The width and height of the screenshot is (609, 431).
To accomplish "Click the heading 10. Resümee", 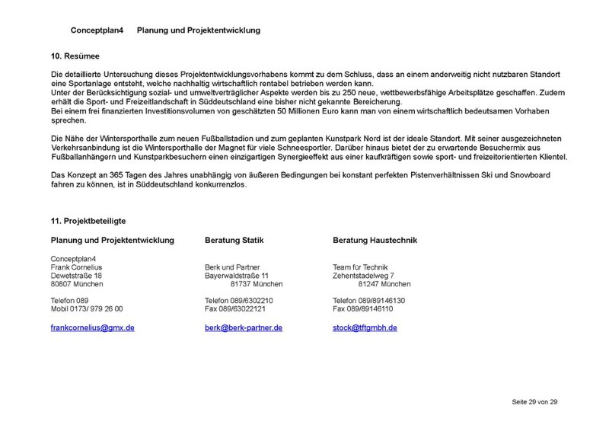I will point(75,56).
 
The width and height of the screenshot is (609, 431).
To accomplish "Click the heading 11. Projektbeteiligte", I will point(88,221).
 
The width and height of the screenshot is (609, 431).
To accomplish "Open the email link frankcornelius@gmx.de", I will point(92,327).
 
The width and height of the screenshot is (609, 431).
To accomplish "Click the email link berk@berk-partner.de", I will point(244,327).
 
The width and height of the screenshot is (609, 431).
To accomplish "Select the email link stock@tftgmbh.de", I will point(365,327).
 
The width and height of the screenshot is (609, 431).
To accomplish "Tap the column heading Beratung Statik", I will point(234,240).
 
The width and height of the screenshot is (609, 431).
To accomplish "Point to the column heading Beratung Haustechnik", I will point(375,240).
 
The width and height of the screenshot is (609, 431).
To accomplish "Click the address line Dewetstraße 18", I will point(76,276).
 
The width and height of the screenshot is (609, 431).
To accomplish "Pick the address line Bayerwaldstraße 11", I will point(237,276).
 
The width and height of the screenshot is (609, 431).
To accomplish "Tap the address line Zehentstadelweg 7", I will point(363,276).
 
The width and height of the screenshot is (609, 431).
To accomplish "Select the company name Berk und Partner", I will point(232,267).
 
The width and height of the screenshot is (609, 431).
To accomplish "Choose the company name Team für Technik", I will point(360,267).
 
